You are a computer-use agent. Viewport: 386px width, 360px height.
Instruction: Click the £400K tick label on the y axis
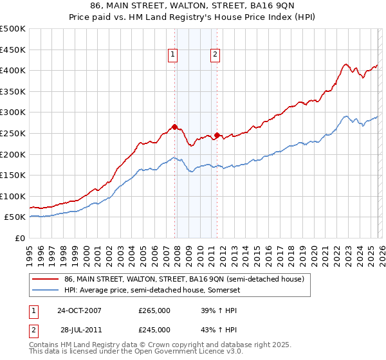click(x=13, y=70)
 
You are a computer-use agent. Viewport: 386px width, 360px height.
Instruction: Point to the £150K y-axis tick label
click(x=13, y=175)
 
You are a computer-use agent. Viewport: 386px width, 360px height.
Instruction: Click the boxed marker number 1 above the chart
click(x=174, y=55)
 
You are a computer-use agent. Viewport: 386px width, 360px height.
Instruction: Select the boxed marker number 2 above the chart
click(x=214, y=55)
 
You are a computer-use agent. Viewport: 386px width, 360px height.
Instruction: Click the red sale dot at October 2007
click(x=174, y=127)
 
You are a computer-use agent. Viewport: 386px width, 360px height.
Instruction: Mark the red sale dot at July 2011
click(x=217, y=135)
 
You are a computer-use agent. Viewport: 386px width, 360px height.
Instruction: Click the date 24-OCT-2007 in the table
click(x=80, y=310)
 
